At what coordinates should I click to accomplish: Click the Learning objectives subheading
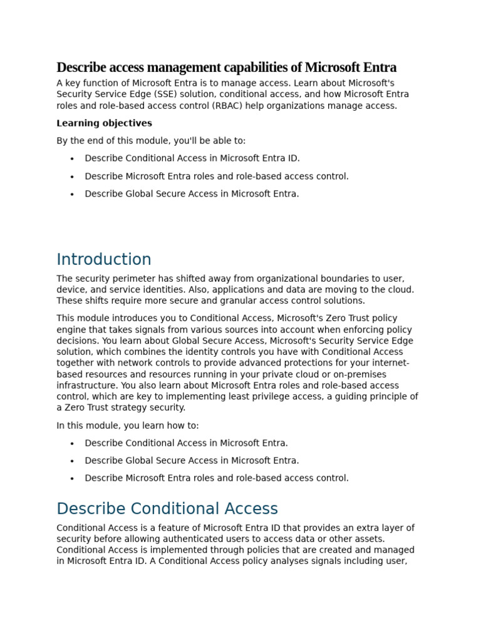[104, 123]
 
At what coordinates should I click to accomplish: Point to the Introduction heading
[104, 260]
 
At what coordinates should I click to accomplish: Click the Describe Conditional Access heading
[167, 509]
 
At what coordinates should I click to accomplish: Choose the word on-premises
[361, 374]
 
